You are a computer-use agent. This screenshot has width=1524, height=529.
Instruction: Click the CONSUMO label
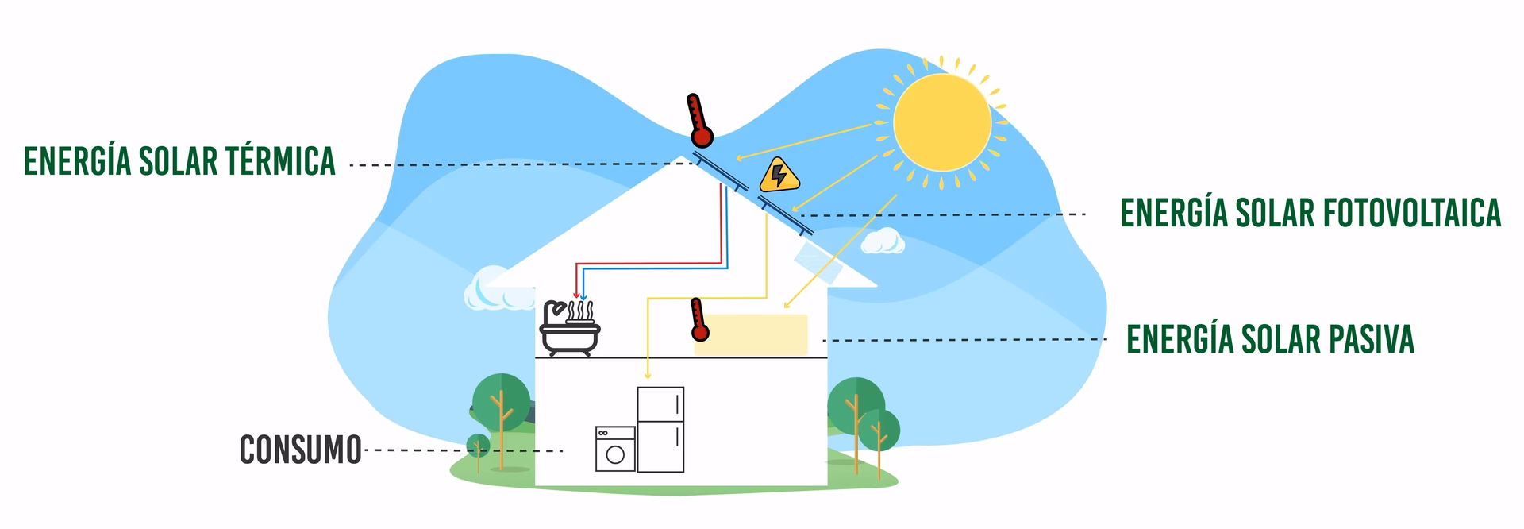301,450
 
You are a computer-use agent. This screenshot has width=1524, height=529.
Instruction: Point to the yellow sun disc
942,122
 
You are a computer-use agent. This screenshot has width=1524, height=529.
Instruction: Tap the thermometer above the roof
699,121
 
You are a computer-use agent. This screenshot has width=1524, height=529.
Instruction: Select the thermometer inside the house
698,319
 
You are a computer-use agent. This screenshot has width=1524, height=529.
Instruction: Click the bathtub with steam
569,330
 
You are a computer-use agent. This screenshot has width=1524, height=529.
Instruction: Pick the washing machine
615,449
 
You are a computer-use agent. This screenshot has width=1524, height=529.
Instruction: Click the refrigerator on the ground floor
660,429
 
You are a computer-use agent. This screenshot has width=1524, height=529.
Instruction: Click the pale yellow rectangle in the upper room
751,334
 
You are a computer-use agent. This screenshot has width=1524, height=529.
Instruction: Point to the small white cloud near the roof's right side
882,241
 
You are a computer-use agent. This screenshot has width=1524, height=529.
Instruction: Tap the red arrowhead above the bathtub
576,295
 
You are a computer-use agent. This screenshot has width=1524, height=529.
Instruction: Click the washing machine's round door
615,455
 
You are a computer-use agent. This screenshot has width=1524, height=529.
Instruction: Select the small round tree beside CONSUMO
478,446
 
